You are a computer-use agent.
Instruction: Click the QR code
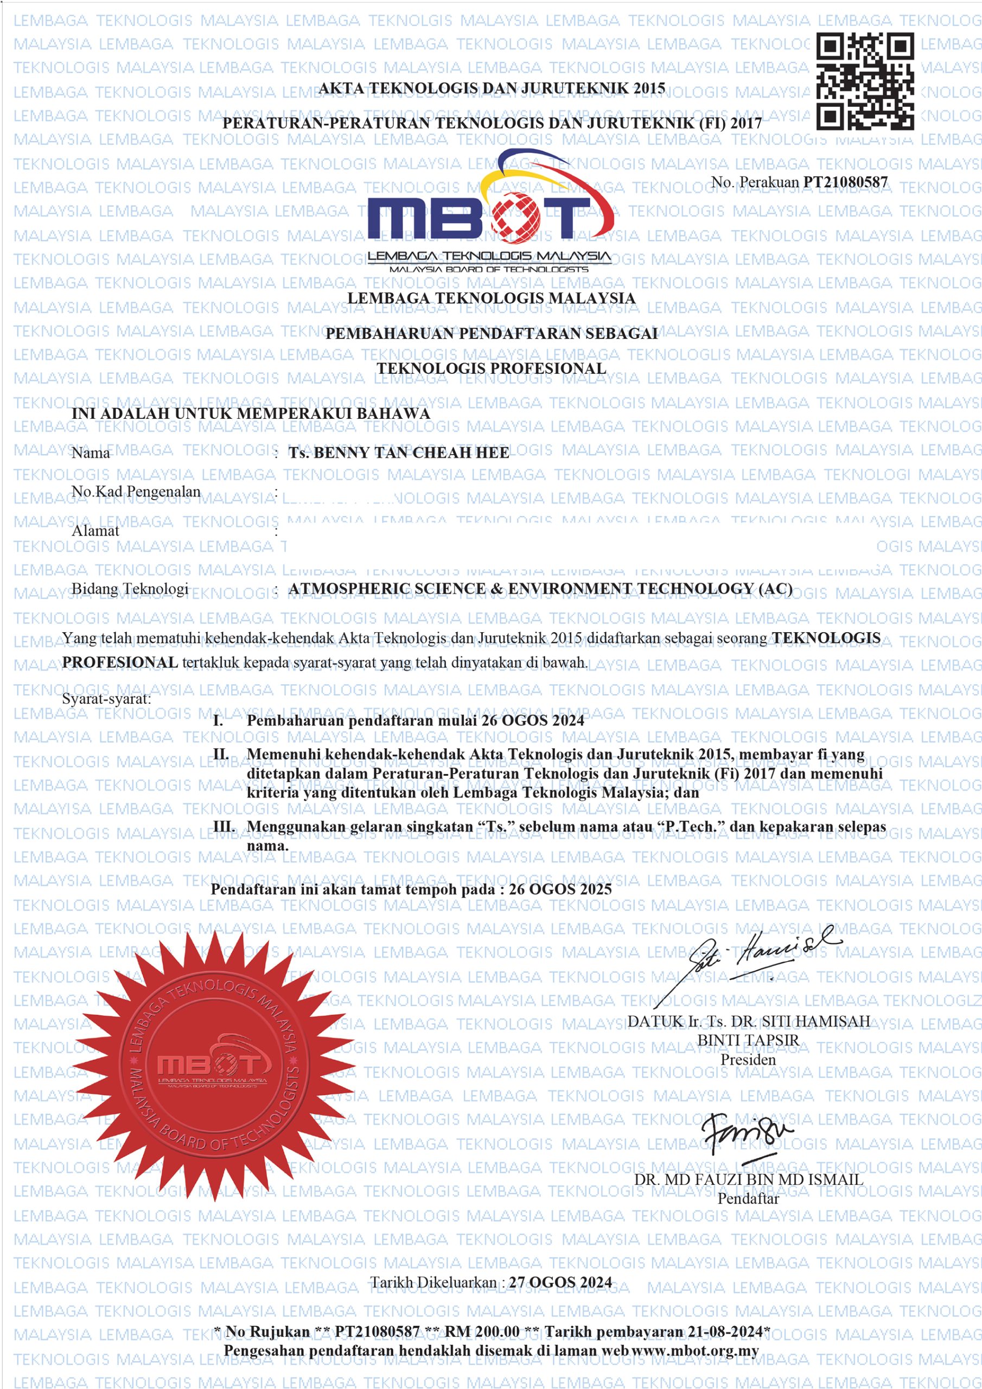[x=865, y=81]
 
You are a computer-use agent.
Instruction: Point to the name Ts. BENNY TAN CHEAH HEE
[x=399, y=453]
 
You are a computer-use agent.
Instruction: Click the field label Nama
[x=91, y=453]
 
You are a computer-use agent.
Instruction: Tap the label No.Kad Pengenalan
[x=136, y=491]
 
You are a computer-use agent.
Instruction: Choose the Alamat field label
[x=95, y=531]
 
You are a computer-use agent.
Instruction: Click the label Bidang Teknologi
[x=130, y=589]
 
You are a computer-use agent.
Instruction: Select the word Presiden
[x=748, y=1059]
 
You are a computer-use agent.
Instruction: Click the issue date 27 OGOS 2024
[x=560, y=1283]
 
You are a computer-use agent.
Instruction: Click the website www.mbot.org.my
[x=695, y=1351]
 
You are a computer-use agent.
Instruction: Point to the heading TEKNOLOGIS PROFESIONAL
[x=492, y=368]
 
